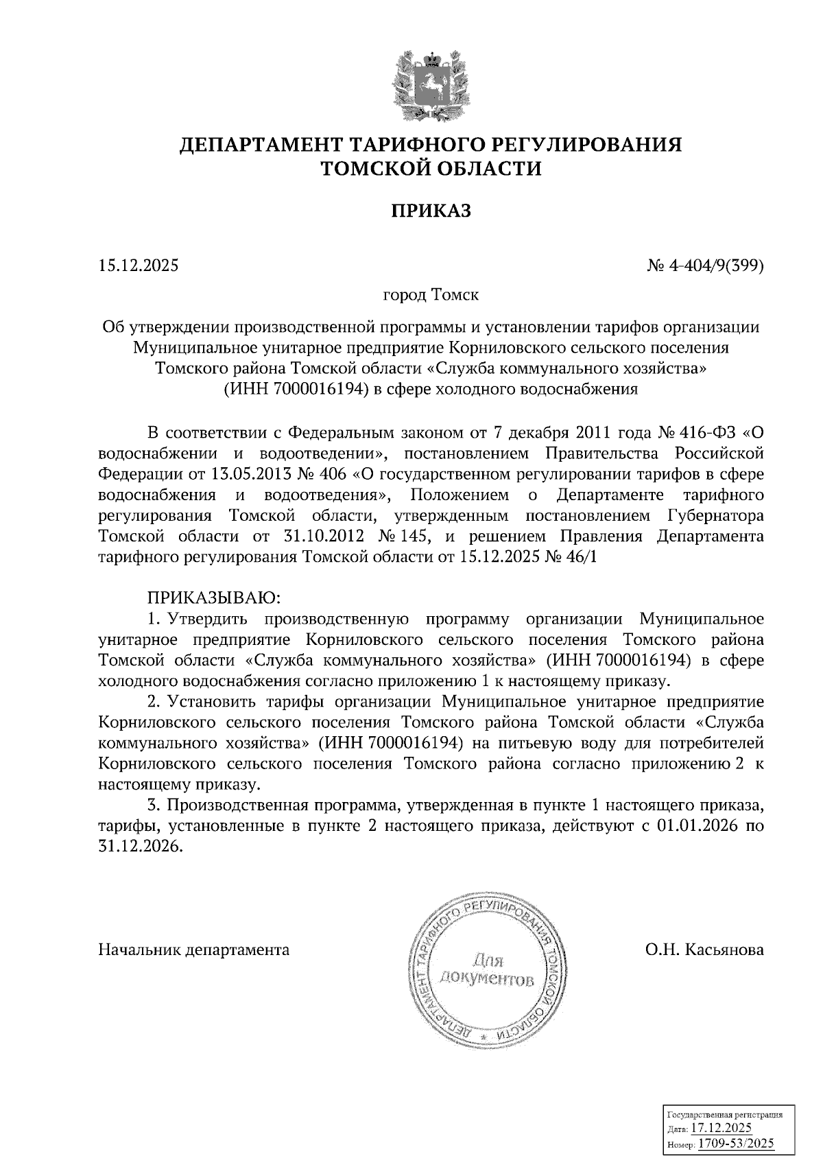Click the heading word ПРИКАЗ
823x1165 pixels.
[431, 211]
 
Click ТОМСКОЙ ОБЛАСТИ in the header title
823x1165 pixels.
[431, 168]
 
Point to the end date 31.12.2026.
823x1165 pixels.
[140, 847]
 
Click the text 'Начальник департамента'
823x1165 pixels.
[194, 950]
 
